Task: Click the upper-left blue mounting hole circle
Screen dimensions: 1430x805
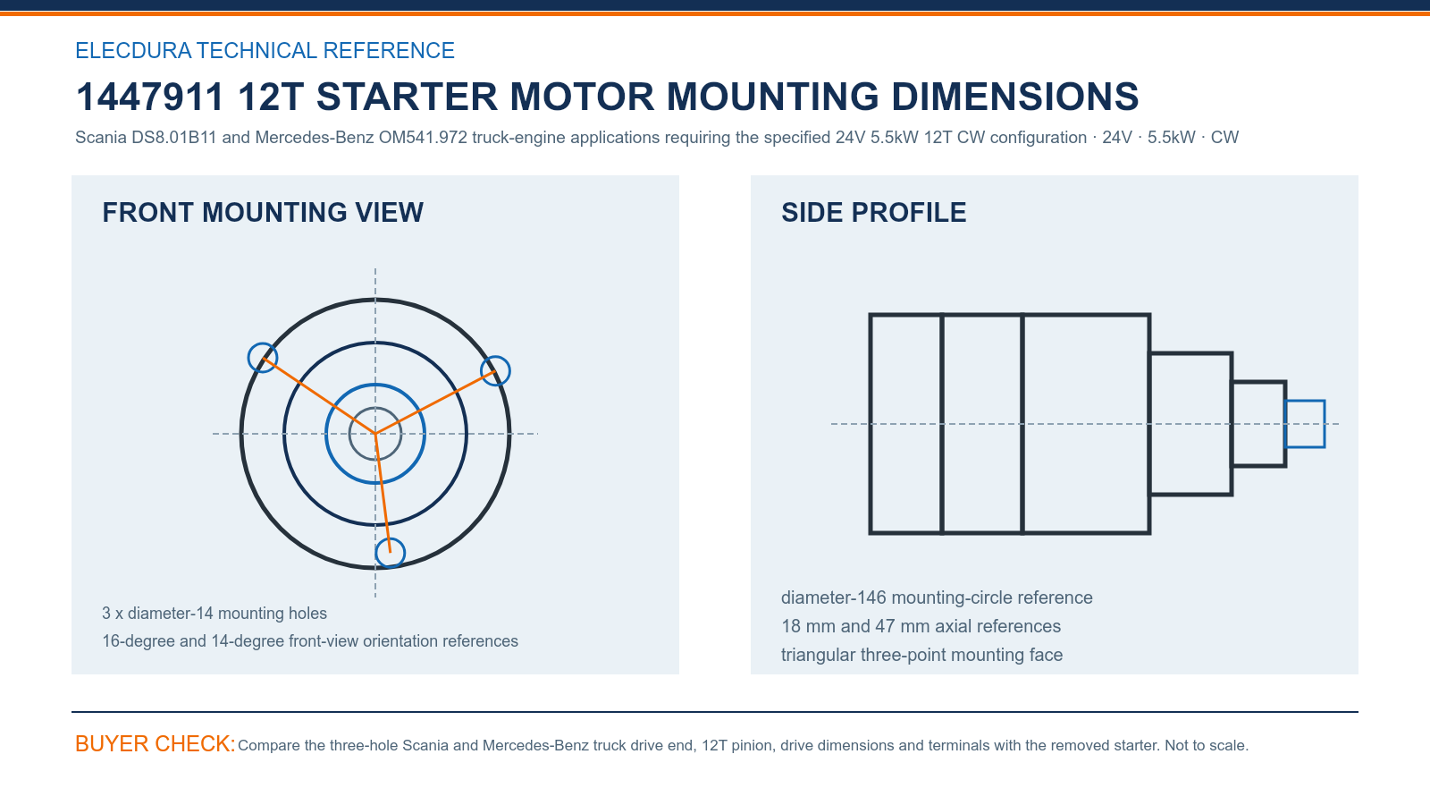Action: click(249, 357)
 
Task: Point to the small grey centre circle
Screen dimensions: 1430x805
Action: click(349, 434)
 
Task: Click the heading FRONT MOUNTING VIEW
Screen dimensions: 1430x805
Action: click(263, 213)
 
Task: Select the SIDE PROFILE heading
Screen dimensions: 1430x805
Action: click(873, 213)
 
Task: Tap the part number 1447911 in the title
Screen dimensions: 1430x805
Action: click(149, 97)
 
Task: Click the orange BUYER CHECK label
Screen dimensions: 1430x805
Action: click(156, 743)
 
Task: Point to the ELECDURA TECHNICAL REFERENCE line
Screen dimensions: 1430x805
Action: click(265, 50)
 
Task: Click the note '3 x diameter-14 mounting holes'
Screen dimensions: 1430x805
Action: click(214, 614)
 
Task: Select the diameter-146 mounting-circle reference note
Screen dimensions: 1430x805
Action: click(937, 598)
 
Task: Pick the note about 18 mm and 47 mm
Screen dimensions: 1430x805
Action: click(921, 626)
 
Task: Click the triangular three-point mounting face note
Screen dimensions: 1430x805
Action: click(921, 655)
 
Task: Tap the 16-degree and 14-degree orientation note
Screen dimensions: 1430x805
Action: click(310, 640)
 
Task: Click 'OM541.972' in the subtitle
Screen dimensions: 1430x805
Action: click(423, 138)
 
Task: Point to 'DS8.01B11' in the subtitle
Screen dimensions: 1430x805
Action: click(174, 138)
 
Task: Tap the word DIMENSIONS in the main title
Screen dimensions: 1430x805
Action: click(1014, 97)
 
